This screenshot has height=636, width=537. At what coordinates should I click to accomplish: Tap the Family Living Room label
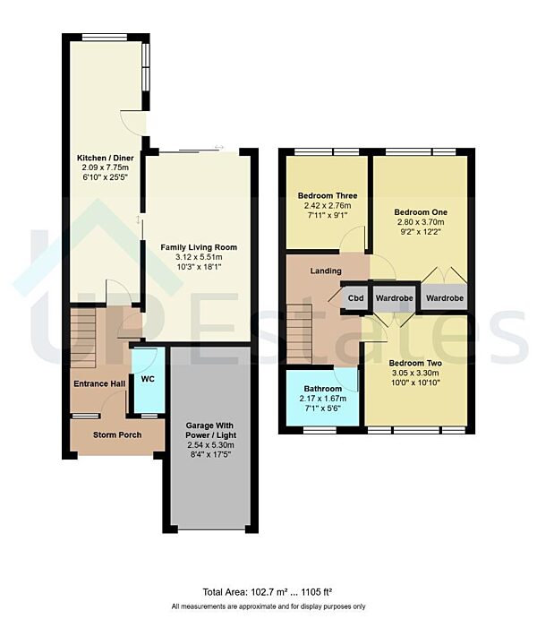pyautogui.click(x=198, y=246)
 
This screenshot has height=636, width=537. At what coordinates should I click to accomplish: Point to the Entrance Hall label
pyautogui.click(x=99, y=383)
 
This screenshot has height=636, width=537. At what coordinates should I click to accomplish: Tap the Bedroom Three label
pyautogui.click(x=327, y=195)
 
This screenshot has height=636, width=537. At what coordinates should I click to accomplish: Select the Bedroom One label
pyautogui.click(x=420, y=212)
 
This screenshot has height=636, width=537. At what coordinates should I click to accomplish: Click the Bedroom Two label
pyautogui.click(x=415, y=363)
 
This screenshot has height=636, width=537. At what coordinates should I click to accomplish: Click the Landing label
pyautogui.click(x=326, y=270)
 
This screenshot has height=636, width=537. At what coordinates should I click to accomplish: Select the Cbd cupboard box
pyautogui.click(x=355, y=297)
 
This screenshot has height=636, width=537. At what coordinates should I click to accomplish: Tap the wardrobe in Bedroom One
pyautogui.click(x=444, y=297)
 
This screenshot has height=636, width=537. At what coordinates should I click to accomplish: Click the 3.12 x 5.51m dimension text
pyautogui.click(x=198, y=257)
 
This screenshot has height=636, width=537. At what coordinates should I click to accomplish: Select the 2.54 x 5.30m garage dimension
pyautogui.click(x=210, y=444)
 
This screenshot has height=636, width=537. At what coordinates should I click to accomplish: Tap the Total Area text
pyautogui.click(x=268, y=591)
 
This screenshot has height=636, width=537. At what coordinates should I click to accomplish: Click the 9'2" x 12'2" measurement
pyautogui.click(x=420, y=233)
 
